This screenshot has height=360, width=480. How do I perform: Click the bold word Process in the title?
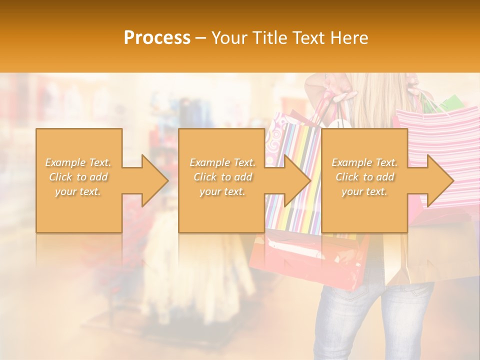[157, 38]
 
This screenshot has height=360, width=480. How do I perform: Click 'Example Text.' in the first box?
[78, 162]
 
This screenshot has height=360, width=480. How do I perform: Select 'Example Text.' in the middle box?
[222, 162]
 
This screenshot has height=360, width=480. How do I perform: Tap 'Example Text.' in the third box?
[364, 162]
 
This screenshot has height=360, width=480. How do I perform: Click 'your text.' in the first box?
[78, 191]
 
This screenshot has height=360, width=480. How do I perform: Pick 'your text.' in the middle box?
[222, 191]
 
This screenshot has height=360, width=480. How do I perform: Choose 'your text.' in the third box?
[364, 191]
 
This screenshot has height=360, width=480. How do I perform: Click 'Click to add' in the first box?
[78, 177]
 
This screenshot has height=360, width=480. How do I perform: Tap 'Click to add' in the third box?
[364, 177]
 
